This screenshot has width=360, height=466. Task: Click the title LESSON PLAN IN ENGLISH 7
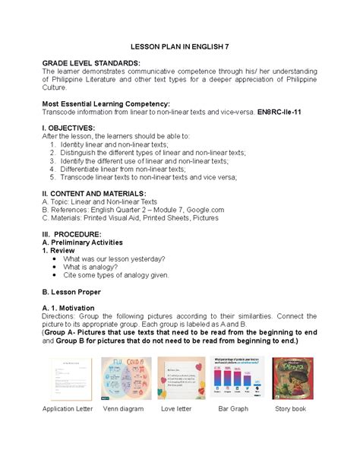[179, 46]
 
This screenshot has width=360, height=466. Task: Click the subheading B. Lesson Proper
[81, 291]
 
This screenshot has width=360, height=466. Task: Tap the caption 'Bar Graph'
[234, 409]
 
